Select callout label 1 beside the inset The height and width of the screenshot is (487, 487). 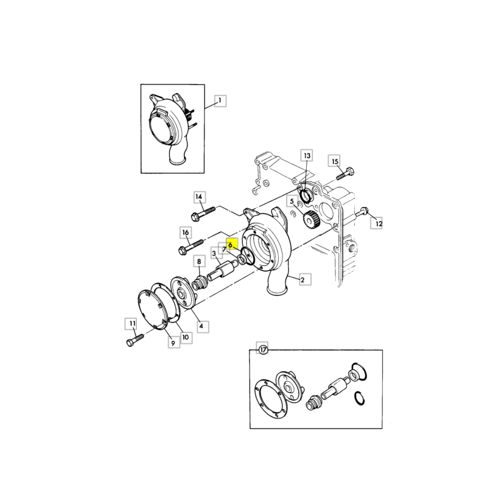[220, 101]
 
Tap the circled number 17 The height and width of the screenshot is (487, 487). [263, 349]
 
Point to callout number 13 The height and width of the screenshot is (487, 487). [307, 156]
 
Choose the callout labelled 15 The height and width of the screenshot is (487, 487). [334, 161]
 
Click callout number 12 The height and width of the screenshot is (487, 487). [376, 223]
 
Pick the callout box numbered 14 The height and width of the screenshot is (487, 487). [199, 197]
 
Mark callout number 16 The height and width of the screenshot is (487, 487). [186, 233]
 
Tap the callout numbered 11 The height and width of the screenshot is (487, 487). [132, 324]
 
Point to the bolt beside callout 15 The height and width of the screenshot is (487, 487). [346, 173]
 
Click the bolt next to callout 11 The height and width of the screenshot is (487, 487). [135, 340]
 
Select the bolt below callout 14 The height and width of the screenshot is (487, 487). [203, 214]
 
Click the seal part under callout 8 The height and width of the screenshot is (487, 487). [200, 282]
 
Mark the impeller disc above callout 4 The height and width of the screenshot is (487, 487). [184, 293]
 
